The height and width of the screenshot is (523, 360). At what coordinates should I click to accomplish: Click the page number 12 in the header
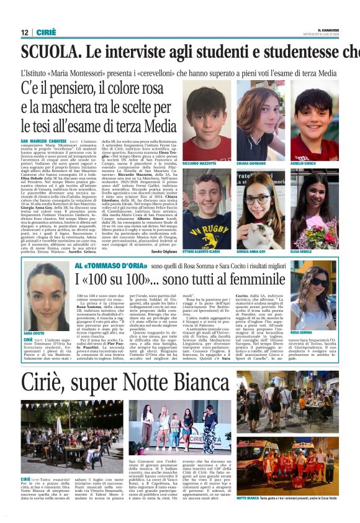(24, 32)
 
